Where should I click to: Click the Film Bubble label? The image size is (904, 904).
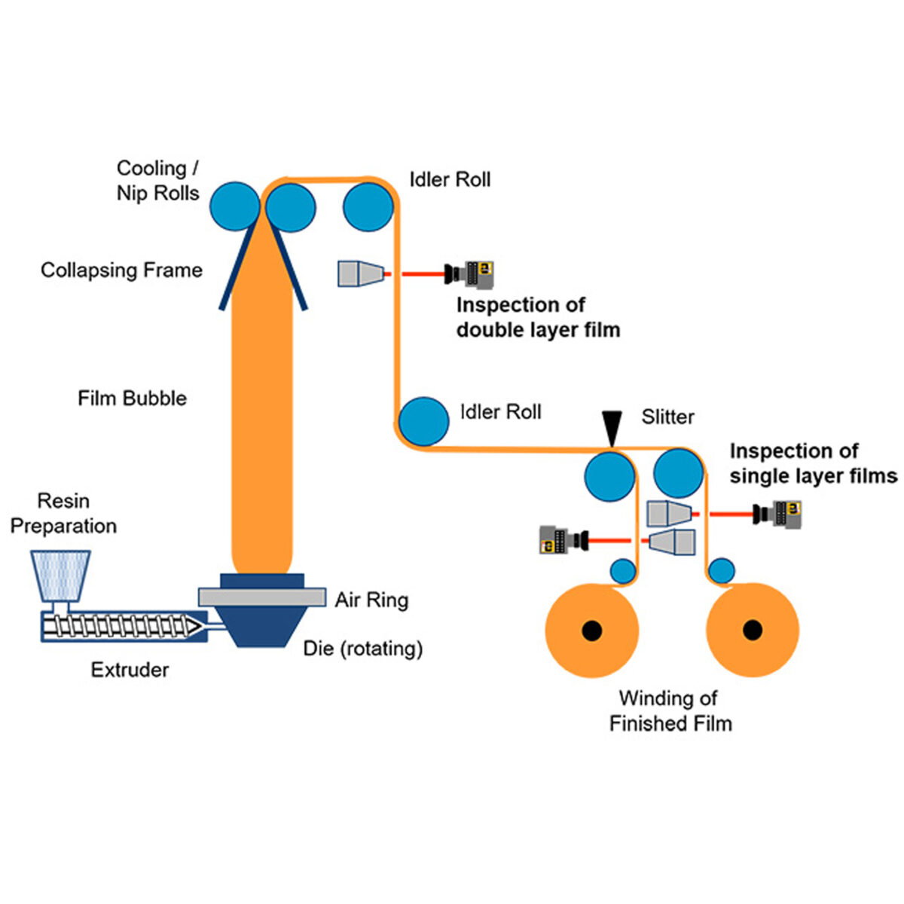pyautogui.click(x=132, y=399)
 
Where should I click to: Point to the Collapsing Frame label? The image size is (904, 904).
pyautogui.click(x=121, y=270)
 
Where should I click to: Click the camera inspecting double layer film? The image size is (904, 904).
pyautogui.click(x=471, y=273)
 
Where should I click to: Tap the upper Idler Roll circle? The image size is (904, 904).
pyautogui.click(x=368, y=206)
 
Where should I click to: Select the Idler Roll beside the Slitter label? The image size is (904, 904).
pyautogui.click(x=423, y=422)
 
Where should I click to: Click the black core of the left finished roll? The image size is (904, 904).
pyautogui.click(x=592, y=629)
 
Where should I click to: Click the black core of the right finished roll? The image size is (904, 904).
pyautogui.click(x=752, y=629)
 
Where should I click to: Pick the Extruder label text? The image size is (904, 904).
pyautogui.click(x=130, y=670)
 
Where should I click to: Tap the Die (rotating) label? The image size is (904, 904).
pyautogui.click(x=363, y=648)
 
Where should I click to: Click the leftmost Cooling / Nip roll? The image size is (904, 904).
pyautogui.click(x=234, y=206)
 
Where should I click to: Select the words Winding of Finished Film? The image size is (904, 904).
pyautogui.click(x=670, y=711)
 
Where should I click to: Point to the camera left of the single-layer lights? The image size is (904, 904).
pyautogui.click(x=563, y=540)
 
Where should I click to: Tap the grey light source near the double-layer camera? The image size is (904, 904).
pyautogui.click(x=361, y=273)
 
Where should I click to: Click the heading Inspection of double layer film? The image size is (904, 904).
pyautogui.click(x=537, y=317)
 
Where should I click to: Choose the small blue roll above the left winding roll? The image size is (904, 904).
pyautogui.click(x=623, y=571)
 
